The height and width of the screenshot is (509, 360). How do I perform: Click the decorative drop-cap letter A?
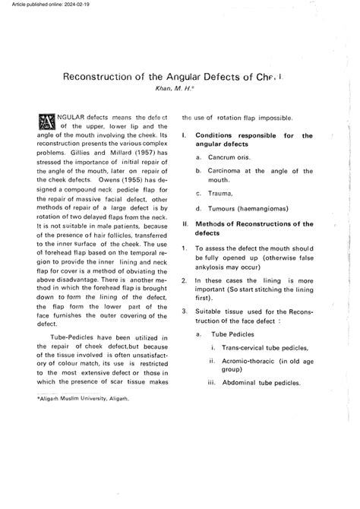46,122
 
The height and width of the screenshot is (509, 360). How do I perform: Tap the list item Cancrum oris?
233,157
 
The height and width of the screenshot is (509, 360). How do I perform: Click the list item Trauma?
222,194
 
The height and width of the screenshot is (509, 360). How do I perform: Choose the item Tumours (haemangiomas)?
248,207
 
